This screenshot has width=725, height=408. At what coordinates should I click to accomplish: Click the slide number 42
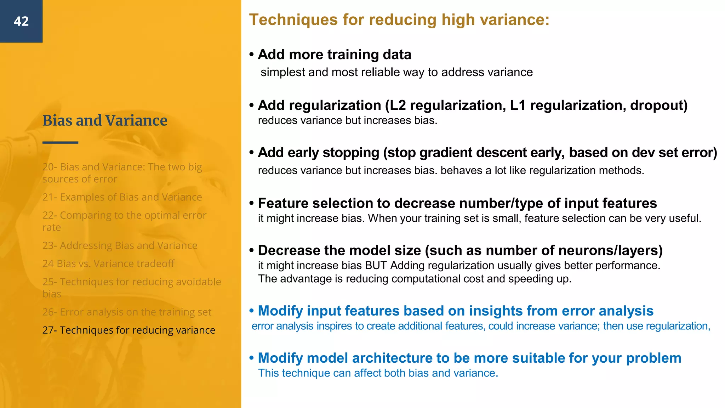click(x=21, y=21)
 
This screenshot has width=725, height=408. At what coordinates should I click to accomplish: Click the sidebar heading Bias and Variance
click(x=105, y=120)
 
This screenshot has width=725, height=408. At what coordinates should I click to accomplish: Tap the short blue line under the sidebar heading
click(x=60, y=142)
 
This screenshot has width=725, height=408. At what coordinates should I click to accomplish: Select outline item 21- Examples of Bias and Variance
click(x=122, y=197)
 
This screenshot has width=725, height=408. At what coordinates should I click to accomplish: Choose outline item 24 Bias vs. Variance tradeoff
click(x=108, y=263)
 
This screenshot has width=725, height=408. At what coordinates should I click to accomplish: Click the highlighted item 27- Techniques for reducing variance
click(x=129, y=330)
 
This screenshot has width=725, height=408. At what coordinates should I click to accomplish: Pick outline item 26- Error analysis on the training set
click(x=127, y=312)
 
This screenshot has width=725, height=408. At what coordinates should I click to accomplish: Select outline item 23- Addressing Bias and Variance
click(x=120, y=245)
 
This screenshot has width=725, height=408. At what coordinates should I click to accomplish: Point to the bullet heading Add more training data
click(x=335, y=55)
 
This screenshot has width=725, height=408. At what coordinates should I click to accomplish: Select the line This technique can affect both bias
click(x=378, y=373)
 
